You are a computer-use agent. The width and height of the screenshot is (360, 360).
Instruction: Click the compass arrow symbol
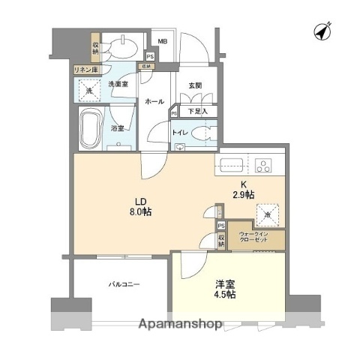(x=324, y=32)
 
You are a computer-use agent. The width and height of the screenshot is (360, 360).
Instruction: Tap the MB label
(x=163, y=43)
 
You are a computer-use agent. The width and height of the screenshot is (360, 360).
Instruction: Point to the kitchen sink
(x=229, y=164)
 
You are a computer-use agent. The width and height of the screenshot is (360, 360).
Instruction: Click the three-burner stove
(x=264, y=164)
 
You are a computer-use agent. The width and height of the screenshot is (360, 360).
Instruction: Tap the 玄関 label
(x=195, y=85)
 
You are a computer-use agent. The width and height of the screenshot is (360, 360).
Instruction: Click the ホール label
(x=154, y=100)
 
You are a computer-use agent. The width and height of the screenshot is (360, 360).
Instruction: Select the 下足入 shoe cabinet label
(x=197, y=112)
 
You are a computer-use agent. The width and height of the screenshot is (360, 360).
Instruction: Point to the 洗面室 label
(x=118, y=85)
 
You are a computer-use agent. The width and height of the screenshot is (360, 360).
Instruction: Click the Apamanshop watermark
(x=179, y=325)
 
